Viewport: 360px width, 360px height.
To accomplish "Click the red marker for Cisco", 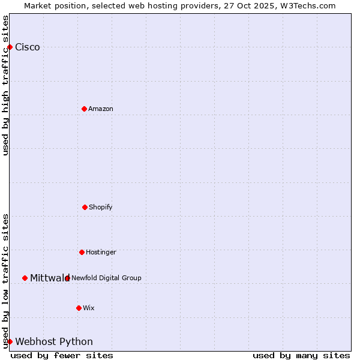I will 10,47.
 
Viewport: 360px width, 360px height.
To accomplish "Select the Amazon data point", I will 84,109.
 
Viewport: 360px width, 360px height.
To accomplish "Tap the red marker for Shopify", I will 85,207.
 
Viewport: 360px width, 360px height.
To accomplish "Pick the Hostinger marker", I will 82,252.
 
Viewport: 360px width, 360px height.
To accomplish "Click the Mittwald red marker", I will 25,278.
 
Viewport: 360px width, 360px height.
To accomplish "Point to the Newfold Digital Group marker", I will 67,278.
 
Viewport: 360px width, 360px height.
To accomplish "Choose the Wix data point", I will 79,308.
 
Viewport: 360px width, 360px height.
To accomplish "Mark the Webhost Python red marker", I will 10,341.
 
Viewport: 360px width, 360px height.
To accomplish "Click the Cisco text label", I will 28,47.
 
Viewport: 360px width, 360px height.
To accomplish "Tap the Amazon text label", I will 101,109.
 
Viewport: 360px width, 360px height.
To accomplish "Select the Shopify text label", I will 101,207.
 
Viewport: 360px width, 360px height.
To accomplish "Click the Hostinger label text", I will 101,252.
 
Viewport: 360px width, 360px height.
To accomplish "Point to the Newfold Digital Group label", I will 107,278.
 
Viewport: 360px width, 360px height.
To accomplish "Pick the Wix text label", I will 89,308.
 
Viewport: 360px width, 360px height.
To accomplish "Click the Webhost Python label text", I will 54,342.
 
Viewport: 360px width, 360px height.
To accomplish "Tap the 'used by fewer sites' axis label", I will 62,355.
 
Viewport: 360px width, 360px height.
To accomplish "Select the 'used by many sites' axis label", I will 301,355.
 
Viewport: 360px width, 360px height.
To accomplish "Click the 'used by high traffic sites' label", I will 5,85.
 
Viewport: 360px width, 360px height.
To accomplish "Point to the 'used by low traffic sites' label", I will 5,281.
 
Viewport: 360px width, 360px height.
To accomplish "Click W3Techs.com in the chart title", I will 306,5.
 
